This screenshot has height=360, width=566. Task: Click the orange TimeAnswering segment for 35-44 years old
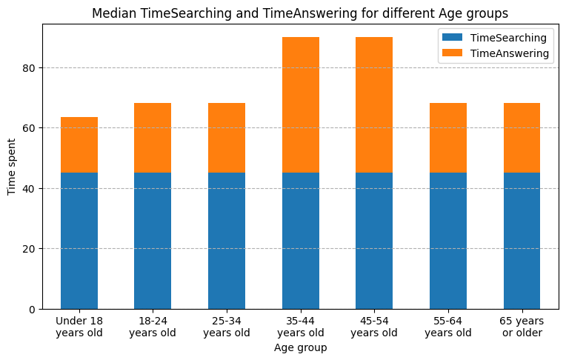[x=301, y=105]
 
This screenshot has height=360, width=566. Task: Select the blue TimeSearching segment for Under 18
[x=79, y=241]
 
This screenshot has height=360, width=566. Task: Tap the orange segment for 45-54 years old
[x=374, y=105]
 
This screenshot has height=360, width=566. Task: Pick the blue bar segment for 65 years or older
[x=522, y=241]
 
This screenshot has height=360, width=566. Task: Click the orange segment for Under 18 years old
[x=79, y=145]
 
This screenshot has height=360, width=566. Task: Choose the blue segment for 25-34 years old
[x=227, y=241]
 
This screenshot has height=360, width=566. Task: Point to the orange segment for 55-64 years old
[x=448, y=138]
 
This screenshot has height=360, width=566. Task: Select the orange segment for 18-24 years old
[x=153, y=138]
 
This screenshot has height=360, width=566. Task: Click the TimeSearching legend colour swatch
[x=452, y=38]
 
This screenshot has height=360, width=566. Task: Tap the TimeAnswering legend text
[x=510, y=53]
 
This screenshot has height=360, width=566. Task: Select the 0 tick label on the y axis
[x=32, y=310]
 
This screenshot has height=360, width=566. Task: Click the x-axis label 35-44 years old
[x=301, y=327]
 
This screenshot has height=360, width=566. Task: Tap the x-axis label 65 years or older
[x=522, y=327]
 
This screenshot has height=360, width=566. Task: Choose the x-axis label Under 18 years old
[x=79, y=327]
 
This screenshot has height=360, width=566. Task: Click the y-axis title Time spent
[x=12, y=167]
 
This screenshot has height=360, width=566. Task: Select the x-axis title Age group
[x=300, y=347]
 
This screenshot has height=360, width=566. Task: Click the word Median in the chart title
[x=114, y=13]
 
